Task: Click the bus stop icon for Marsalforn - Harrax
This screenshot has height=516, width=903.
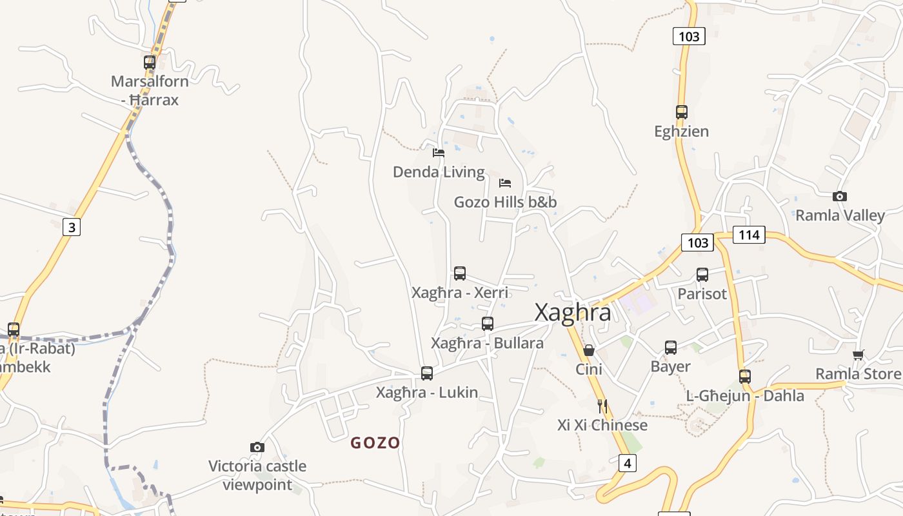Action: pyautogui.click(x=150, y=63)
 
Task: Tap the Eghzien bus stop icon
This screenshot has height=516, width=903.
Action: pyautogui.click(x=682, y=112)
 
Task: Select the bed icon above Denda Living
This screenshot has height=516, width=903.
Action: pyautogui.click(x=439, y=153)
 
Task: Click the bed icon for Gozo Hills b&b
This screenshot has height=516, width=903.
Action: pyautogui.click(x=505, y=183)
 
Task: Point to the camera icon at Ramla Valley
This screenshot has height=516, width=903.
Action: pyautogui.click(x=839, y=196)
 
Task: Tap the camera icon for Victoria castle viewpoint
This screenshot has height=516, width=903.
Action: pyautogui.click(x=257, y=447)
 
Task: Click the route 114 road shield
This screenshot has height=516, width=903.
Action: pyautogui.click(x=749, y=235)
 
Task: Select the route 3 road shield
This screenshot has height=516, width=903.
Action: pyautogui.click(x=72, y=227)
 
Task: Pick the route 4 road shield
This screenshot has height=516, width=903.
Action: pyautogui.click(x=628, y=462)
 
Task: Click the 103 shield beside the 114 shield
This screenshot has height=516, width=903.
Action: pyautogui.click(x=697, y=243)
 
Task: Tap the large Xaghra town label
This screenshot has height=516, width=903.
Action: pyautogui.click(x=573, y=313)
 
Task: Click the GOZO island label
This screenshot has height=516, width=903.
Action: pyautogui.click(x=375, y=443)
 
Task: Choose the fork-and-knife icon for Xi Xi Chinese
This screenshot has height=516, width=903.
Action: pyautogui.click(x=602, y=406)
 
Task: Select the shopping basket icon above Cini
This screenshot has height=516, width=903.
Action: pyautogui.click(x=589, y=350)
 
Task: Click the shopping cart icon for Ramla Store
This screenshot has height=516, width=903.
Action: pyautogui.click(x=858, y=355)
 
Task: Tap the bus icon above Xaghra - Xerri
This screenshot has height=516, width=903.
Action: pyautogui.click(x=460, y=273)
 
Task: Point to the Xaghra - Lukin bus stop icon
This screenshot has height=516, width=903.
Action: pyautogui.click(x=427, y=373)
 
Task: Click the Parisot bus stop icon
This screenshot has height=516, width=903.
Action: pyautogui.click(x=702, y=275)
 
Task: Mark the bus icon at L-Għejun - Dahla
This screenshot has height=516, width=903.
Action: pyautogui.click(x=745, y=377)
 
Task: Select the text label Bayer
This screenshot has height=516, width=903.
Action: pyautogui.click(x=670, y=366)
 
